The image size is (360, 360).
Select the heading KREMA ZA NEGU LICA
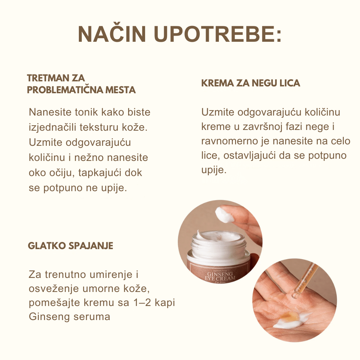[x=251, y=83]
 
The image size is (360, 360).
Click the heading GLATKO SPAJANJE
[x=71, y=246]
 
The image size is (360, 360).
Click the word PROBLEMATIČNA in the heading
[x=65, y=90]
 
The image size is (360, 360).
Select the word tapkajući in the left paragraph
[x=100, y=173]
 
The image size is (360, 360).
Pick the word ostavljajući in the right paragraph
[x=249, y=156]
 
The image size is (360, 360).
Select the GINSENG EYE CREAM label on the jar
[x=220, y=276]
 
